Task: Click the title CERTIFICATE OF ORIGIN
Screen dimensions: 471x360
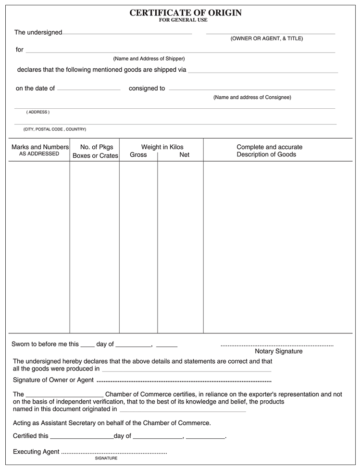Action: pos(186,13)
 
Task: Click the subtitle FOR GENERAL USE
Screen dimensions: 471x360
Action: pos(183,20)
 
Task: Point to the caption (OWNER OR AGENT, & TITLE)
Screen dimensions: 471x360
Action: pos(267,38)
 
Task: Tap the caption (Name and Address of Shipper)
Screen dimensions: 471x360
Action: pos(149,59)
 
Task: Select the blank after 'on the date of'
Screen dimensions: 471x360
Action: pos(88,90)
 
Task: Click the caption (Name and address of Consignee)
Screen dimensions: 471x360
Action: pos(252,97)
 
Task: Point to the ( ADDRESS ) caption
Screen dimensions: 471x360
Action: pos(38,112)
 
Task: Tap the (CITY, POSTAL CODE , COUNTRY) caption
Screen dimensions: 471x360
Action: pos(55,129)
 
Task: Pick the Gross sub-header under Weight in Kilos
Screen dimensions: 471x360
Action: pos(138,155)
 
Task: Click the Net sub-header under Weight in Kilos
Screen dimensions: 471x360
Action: pos(184,155)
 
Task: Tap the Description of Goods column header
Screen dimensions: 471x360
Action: pos(269,151)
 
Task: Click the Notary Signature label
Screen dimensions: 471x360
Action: pos(278,351)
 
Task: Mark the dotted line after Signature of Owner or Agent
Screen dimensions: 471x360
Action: pos(184,381)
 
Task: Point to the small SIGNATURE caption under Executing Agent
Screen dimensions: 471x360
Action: pos(106,458)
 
